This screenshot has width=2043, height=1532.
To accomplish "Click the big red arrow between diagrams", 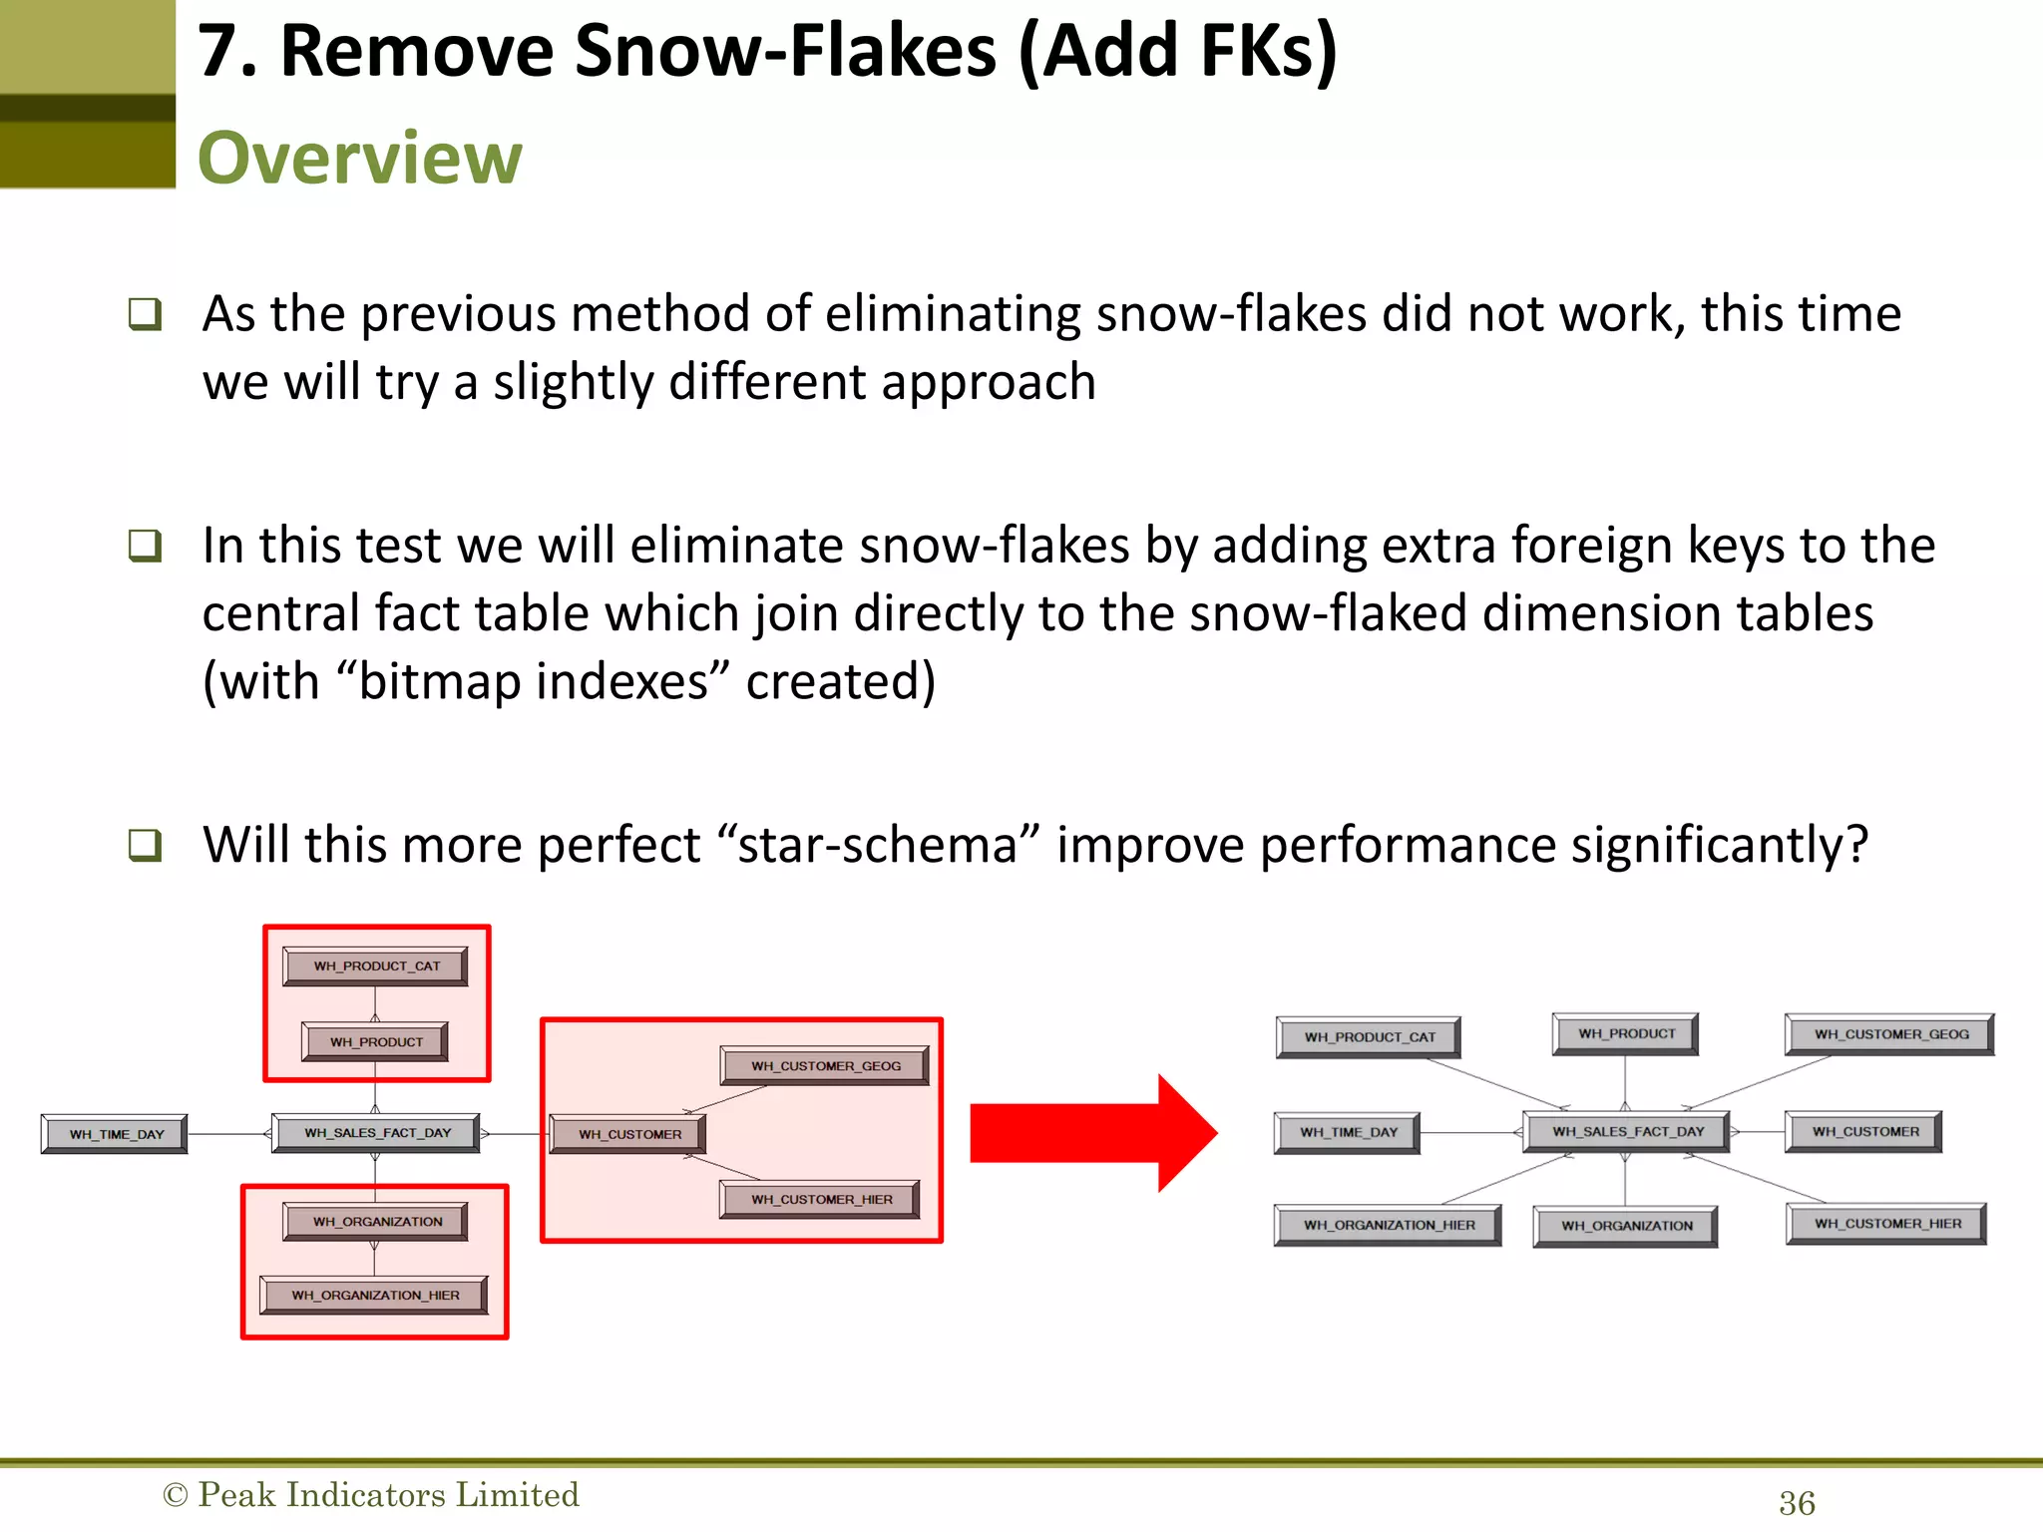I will [x=1092, y=1133].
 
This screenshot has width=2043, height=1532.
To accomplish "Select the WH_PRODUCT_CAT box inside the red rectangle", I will [x=375, y=965].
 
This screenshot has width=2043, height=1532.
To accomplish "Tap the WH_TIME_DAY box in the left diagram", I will [x=115, y=1134].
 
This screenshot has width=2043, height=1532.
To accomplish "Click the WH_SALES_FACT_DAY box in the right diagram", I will [x=1627, y=1131].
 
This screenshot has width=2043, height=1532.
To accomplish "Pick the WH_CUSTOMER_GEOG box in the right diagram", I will [x=1889, y=1034].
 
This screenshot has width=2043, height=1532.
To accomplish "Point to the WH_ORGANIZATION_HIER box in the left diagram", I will [x=374, y=1295].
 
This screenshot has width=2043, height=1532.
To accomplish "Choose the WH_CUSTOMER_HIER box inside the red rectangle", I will [x=820, y=1199].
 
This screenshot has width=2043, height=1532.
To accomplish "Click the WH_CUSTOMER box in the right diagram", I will [x=1863, y=1131].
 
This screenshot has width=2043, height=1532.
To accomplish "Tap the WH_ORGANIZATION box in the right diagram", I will [x=1625, y=1226].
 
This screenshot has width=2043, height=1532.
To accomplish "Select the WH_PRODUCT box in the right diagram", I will [x=1625, y=1033].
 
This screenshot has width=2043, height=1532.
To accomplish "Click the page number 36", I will [x=1797, y=1503].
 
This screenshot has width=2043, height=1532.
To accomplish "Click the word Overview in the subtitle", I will [x=359, y=158].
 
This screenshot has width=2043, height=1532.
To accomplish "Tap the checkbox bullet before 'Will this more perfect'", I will [x=145, y=845].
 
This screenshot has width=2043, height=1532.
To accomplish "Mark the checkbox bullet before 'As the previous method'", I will [x=145, y=314].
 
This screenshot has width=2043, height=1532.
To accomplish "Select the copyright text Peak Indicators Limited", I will [x=387, y=1494].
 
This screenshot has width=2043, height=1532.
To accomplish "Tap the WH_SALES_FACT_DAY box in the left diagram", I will [x=376, y=1133].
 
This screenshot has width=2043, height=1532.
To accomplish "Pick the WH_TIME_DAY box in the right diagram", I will [x=1347, y=1132].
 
